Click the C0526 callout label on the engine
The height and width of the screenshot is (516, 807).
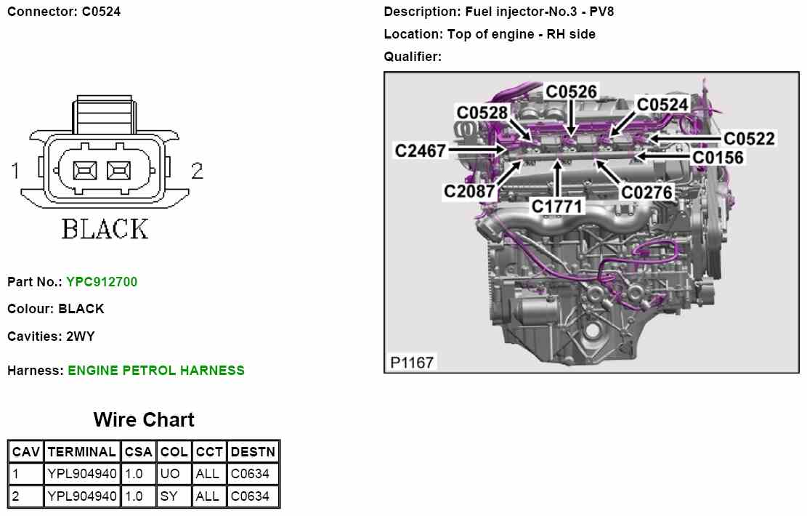click(x=572, y=92)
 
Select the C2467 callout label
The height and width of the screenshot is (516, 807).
click(x=421, y=150)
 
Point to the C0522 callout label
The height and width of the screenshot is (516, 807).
click(x=750, y=138)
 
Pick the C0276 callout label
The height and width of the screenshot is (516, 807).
click(x=647, y=192)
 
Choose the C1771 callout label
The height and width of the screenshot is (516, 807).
click(x=557, y=206)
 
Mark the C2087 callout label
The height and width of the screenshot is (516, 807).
click(x=470, y=191)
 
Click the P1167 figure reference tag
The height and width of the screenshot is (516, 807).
click(x=412, y=362)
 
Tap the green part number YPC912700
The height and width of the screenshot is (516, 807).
click(x=102, y=281)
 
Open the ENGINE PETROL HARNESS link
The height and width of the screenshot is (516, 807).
click(x=156, y=371)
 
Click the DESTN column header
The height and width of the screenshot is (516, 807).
click(x=253, y=451)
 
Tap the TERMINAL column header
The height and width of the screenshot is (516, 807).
click(x=81, y=451)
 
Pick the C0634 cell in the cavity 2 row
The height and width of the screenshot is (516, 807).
click(x=250, y=496)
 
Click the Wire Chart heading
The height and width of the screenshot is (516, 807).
click(x=144, y=420)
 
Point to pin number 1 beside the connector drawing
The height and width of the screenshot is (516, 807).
click(x=15, y=171)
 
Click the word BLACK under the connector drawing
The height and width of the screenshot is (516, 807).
click(x=105, y=229)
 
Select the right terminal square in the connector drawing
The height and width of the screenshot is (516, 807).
click(x=118, y=171)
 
